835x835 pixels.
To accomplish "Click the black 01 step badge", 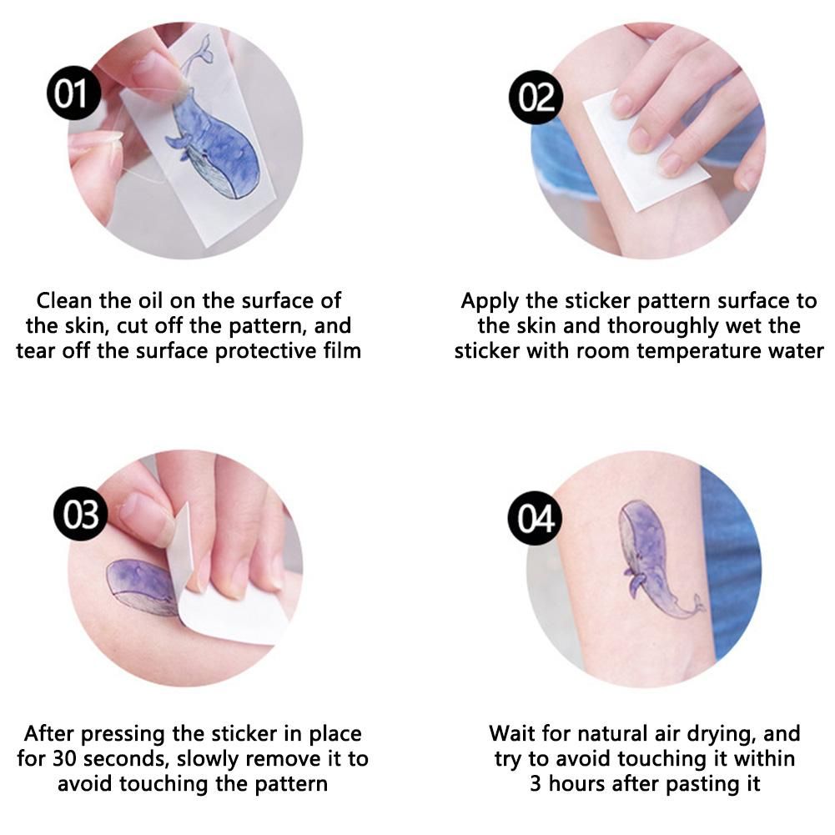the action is (x=73, y=93).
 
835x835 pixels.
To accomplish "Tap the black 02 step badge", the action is (x=536, y=98).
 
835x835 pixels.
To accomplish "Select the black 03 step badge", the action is (x=81, y=514).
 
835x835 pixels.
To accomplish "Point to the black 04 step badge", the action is (x=536, y=518).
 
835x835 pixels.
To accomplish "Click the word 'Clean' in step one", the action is (x=64, y=301).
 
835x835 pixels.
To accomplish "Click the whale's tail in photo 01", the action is (x=201, y=51).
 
